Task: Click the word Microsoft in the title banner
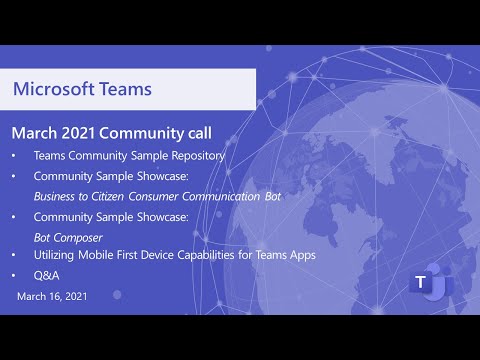(52, 88)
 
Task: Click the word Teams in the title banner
(123, 88)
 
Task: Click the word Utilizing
(55, 255)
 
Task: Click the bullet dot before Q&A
(13, 274)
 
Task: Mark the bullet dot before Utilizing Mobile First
(13, 255)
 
